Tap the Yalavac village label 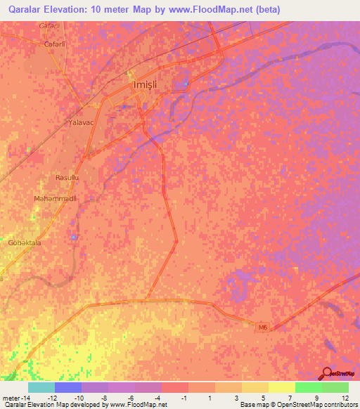81,122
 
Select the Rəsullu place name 67,178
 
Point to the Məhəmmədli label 54,199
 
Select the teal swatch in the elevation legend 41,387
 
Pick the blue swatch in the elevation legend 67,387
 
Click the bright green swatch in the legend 308,387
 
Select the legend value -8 107,398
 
